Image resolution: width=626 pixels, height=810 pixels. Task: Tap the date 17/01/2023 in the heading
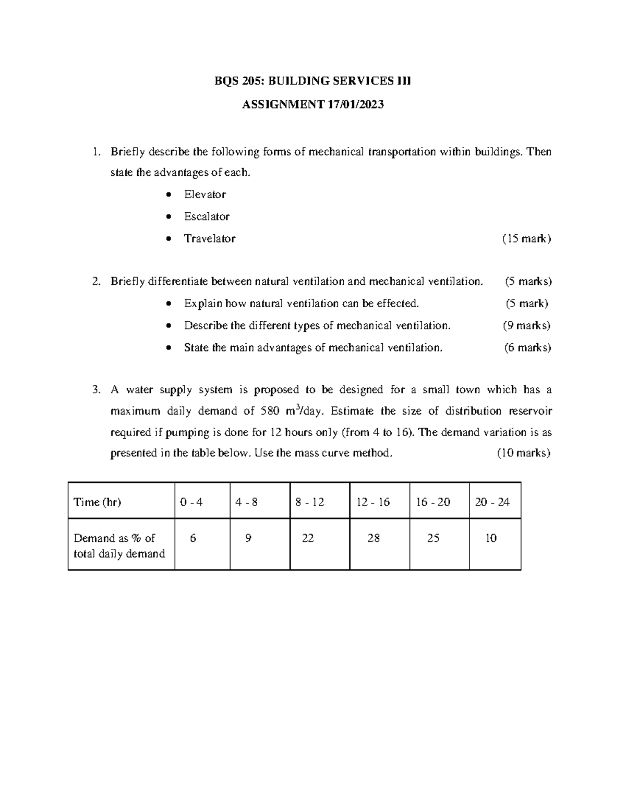coord(355,104)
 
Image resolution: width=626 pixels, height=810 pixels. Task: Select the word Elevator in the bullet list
coord(204,195)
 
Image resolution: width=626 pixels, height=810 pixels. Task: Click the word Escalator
coord(207,216)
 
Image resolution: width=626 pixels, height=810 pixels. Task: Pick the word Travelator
coord(209,239)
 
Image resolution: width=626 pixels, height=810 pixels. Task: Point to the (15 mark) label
coord(526,239)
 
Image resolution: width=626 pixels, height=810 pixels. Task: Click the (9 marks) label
coord(526,326)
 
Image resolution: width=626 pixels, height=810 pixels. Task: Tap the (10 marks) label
coord(523,453)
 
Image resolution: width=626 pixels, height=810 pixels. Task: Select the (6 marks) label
coord(527,348)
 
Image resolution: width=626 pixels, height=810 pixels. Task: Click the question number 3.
coord(95,390)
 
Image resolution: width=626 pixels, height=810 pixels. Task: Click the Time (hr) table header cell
coord(98,502)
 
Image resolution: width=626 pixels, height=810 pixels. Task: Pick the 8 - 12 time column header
coord(309,502)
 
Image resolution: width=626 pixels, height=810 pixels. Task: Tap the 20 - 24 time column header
coord(492,502)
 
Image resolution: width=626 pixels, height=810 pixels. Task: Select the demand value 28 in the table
coord(374,538)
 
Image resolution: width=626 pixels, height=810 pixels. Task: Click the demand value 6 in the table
coord(193,538)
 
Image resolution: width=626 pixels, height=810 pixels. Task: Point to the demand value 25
coord(434,538)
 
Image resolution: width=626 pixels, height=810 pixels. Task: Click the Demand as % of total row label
coord(119,546)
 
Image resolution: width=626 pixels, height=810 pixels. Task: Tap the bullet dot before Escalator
coord(167,217)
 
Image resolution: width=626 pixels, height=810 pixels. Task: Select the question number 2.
coord(95,282)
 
